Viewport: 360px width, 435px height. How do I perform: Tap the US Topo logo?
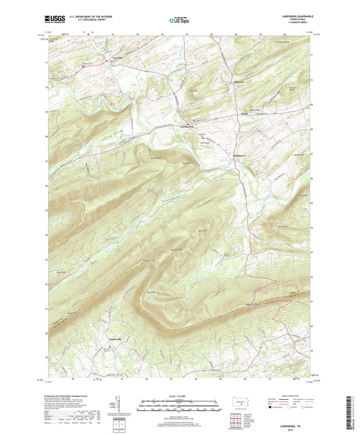[177, 21]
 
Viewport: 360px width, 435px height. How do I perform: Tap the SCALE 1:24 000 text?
[180, 396]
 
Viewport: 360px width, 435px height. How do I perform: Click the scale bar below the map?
[180, 403]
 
